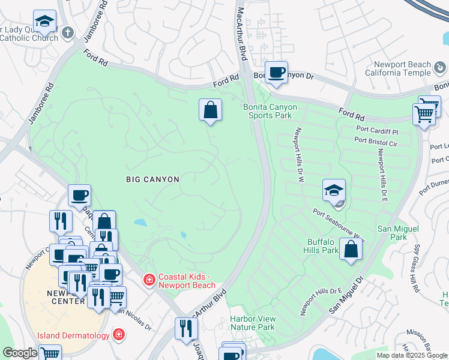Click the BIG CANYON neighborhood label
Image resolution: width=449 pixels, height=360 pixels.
click(x=152, y=179)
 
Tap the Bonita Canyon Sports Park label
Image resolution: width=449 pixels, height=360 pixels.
click(x=270, y=111)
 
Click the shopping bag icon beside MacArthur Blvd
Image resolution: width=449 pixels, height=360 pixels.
click(x=210, y=110)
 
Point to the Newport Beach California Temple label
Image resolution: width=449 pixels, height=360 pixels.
click(x=402, y=68)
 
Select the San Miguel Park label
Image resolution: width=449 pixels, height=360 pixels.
click(x=392, y=233)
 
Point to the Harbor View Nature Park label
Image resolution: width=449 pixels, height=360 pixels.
click(x=253, y=323)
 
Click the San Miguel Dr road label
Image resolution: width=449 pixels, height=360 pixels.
click(x=346, y=295)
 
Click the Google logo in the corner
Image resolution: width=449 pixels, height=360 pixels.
click(x=20, y=353)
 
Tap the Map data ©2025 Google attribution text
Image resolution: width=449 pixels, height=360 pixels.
click(x=412, y=355)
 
